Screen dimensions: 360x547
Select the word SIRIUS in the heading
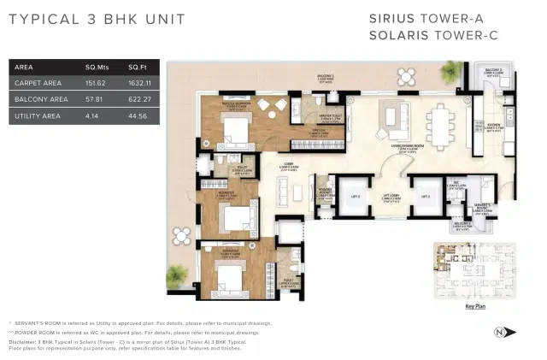(x=393, y=18)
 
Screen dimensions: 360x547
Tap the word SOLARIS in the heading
(x=399, y=35)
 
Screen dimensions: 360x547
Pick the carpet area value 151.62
(x=96, y=83)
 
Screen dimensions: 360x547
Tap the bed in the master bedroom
(x=232, y=131)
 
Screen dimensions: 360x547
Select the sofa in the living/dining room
(x=395, y=115)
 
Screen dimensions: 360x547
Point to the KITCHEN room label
(x=493, y=125)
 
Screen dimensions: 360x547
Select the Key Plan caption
(x=476, y=305)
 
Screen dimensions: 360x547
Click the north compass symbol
(x=500, y=332)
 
